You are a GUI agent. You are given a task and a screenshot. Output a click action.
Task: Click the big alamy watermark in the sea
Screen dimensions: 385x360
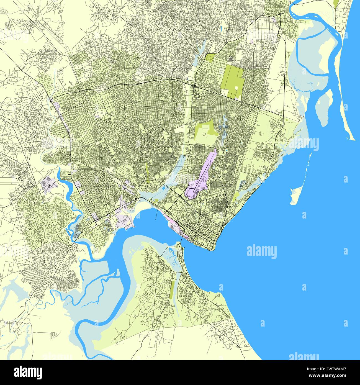coord(261,251)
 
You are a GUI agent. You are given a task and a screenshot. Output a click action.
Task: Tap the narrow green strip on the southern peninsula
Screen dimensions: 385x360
coord(173,289)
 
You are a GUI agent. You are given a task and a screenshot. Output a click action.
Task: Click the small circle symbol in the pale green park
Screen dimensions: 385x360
coord(204,134)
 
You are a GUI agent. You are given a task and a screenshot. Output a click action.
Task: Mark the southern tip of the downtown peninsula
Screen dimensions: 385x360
coord(212,250)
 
